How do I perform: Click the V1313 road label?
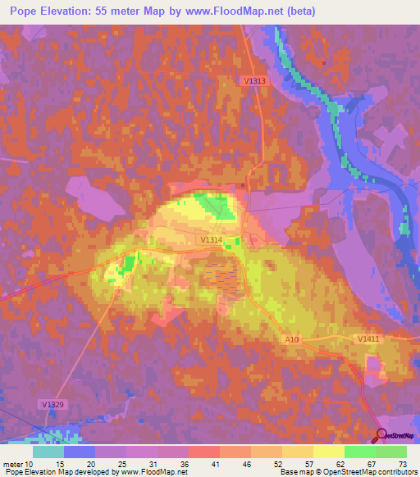[255, 80]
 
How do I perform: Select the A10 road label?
[292, 338]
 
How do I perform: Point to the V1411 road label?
[369, 338]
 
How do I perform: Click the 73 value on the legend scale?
[401, 463]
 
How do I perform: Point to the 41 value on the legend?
[214, 463]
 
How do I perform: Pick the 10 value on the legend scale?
[32, 463]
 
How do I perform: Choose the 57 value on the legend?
[308, 463]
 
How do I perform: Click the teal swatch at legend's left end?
[48, 452]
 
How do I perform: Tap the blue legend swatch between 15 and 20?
[80, 452]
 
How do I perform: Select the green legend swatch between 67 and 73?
[390, 452]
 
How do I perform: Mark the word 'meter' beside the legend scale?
[13, 463]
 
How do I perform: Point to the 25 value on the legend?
[121, 463]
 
